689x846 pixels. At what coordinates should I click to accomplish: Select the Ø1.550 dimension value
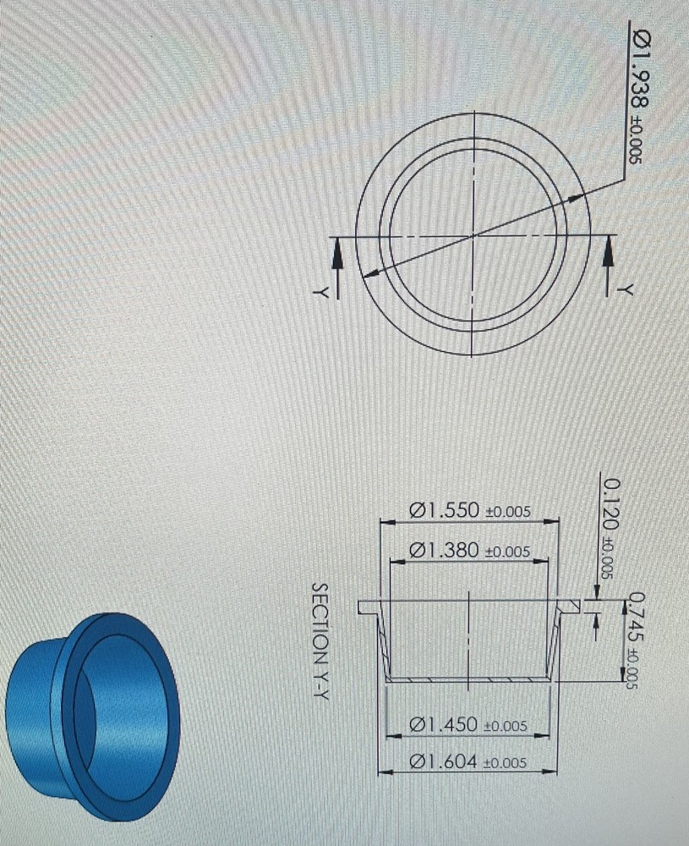(x=469, y=510)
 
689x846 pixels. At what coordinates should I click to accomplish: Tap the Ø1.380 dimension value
(x=469, y=551)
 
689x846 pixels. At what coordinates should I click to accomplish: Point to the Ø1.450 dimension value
(x=468, y=724)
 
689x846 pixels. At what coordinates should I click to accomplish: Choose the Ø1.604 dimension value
(x=468, y=761)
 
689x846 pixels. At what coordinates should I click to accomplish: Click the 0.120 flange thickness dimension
(x=610, y=529)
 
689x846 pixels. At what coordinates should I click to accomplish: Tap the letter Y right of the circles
(x=626, y=288)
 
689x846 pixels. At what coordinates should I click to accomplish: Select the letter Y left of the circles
(x=321, y=292)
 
